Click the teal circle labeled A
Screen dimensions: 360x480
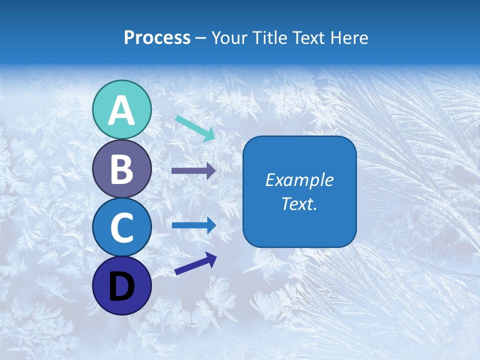tap(121, 109)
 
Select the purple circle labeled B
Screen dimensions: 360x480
tap(121, 168)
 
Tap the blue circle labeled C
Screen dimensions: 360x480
tap(121, 227)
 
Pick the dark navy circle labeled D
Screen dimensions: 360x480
tap(121, 285)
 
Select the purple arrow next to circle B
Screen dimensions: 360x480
tap(193, 171)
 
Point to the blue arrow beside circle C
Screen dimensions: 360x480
tap(193, 225)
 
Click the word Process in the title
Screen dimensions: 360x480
tap(157, 38)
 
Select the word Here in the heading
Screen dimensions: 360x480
tap(349, 38)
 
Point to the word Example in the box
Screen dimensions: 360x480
tap(299, 180)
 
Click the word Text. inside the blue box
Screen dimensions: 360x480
tap(299, 204)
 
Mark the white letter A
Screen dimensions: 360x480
tap(121, 110)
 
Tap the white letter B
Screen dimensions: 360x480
tap(121, 169)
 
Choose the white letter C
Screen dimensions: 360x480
tap(121, 227)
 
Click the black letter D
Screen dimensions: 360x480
tap(121, 286)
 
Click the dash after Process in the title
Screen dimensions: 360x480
tap(200, 38)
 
